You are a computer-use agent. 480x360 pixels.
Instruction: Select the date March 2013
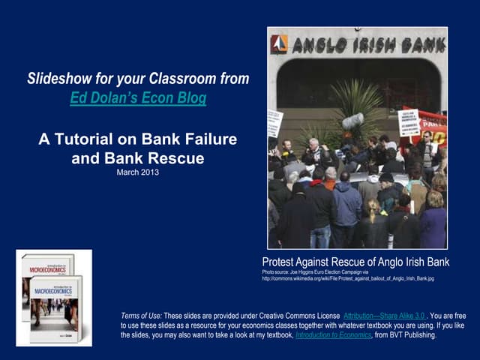coord(137,172)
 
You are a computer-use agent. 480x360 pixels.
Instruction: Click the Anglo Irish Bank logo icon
coord(279,44)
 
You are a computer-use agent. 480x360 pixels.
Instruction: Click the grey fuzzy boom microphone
coord(353,121)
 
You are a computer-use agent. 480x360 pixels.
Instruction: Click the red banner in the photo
coord(433,127)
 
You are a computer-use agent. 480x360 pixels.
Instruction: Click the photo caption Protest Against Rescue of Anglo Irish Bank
coord(355,262)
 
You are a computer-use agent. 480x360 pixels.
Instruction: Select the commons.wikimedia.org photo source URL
coord(348,278)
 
